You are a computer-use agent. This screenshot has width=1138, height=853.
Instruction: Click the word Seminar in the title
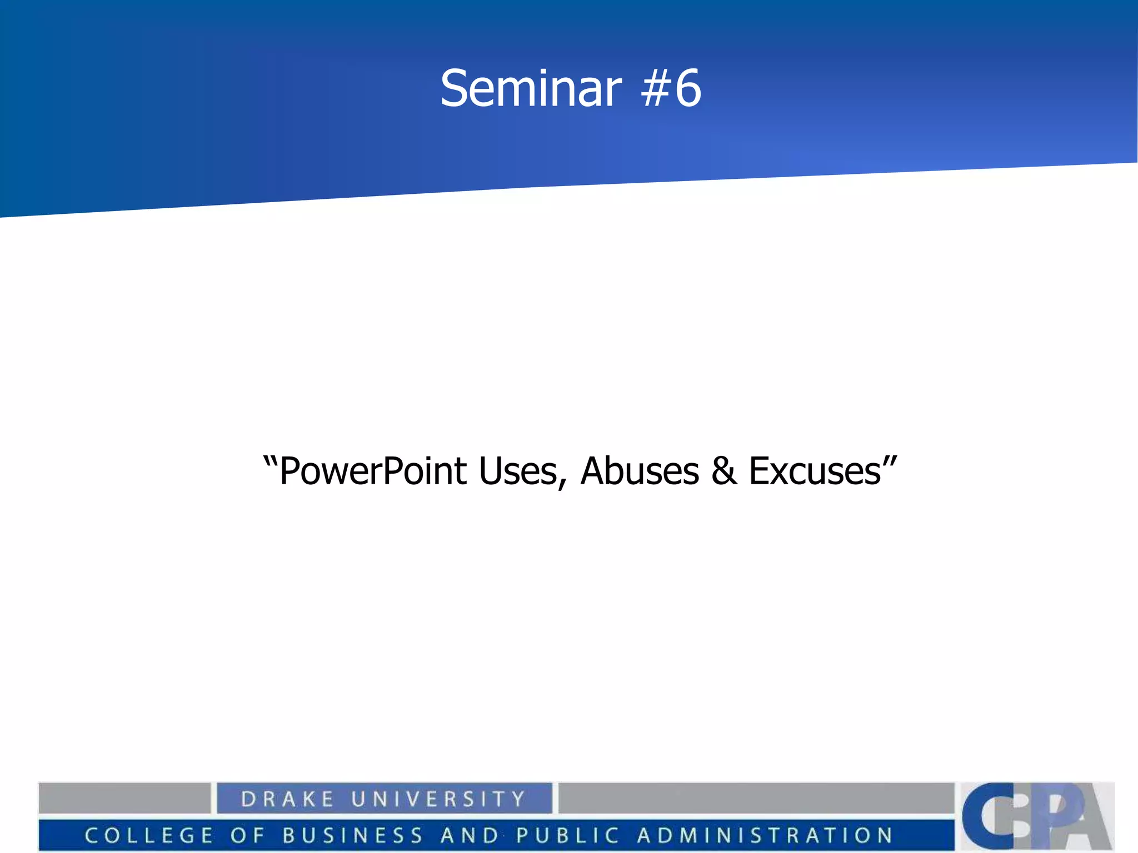click(531, 89)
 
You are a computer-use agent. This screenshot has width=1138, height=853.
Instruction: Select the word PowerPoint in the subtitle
click(373, 471)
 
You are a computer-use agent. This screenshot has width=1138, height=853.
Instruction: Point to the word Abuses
click(640, 471)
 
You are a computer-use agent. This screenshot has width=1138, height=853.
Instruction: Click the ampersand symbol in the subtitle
click(724, 471)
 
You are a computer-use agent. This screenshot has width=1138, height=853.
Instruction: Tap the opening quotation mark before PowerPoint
click(271, 462)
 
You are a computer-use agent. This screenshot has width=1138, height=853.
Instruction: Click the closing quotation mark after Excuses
click(890, 462)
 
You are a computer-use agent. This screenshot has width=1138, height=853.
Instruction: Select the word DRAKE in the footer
click(287, 799)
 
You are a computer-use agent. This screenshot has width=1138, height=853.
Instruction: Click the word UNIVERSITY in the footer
click(438, 799)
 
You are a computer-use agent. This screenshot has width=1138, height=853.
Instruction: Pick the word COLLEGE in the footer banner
click(149, 835)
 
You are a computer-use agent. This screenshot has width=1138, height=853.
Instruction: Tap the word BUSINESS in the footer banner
click(353, 835)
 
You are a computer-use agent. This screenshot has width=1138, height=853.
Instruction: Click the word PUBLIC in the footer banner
click(567, 835)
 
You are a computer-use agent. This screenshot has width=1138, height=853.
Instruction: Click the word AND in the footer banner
click(470, 835)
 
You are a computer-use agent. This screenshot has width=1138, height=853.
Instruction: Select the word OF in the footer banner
click(247, 835)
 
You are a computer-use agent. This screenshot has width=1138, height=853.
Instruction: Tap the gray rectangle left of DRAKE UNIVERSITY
click(124, 798)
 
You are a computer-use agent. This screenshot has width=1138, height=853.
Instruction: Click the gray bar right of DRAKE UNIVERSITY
click(756, 798)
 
